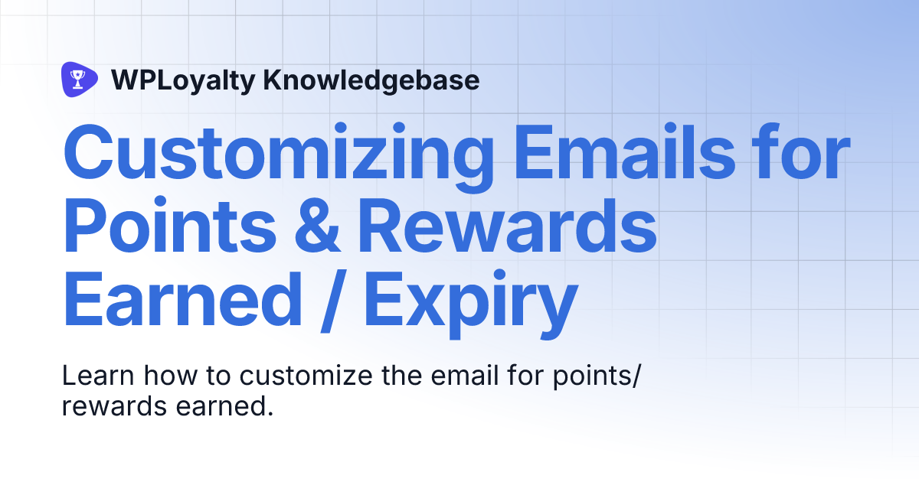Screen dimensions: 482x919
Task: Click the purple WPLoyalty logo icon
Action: (x=79, y=79)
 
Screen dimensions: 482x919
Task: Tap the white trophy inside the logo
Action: (x=77, y=79)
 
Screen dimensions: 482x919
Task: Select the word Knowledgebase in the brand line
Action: (x=371, y=80)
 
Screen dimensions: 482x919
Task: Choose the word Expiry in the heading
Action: (x=470, y=301)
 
